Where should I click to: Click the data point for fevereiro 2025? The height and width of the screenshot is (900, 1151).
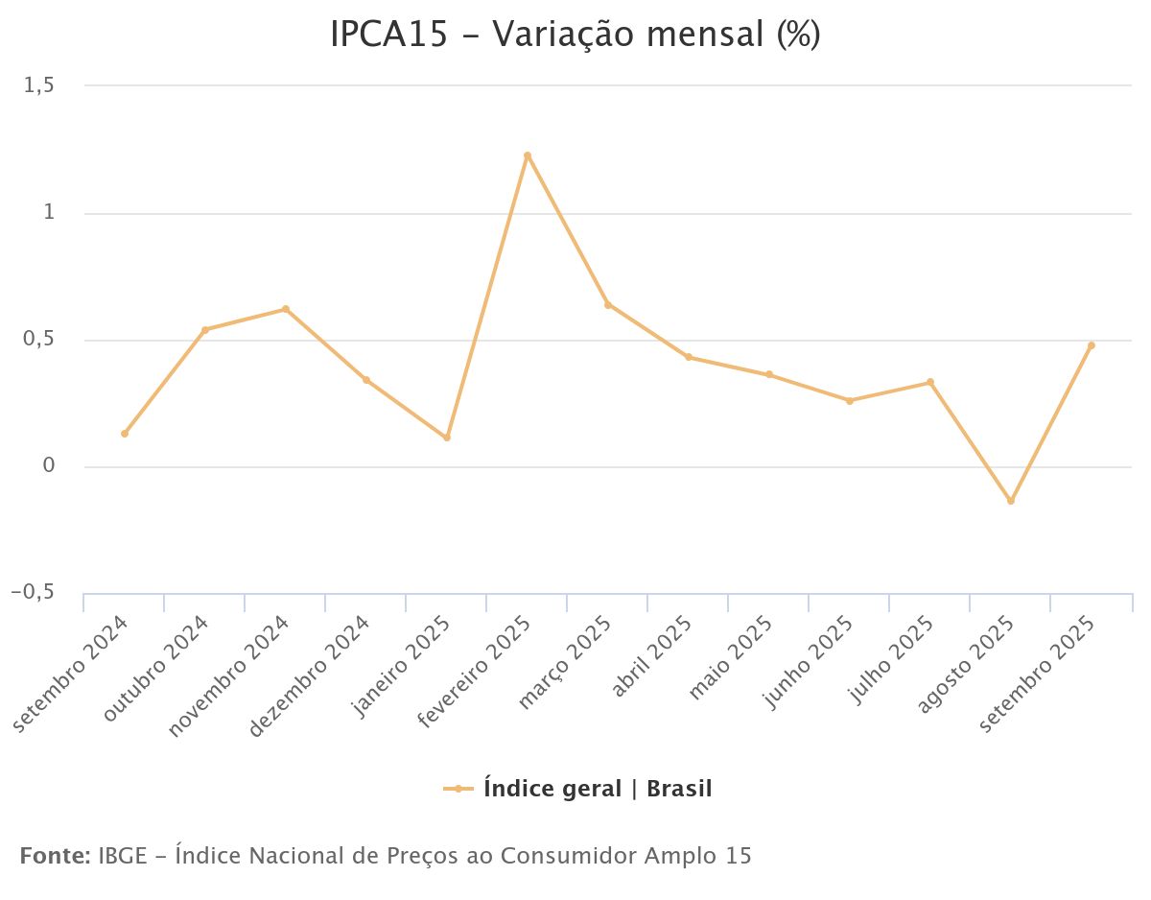528,155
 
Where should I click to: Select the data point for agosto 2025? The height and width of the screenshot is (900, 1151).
1010,501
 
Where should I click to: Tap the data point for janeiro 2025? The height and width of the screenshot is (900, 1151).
447,438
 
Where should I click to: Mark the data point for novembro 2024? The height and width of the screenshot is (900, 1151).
286,309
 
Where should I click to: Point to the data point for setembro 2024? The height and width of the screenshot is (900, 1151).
125,434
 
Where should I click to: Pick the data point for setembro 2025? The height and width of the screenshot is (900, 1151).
1091,345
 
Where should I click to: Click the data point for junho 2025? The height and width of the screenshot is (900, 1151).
849,400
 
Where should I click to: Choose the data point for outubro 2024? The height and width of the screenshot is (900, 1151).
205,329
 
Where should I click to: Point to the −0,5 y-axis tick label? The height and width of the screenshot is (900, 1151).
33,594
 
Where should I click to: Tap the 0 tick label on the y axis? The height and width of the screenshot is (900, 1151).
48,467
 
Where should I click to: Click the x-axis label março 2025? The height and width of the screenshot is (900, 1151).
565,663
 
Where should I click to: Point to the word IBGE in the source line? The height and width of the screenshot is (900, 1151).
121,855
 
